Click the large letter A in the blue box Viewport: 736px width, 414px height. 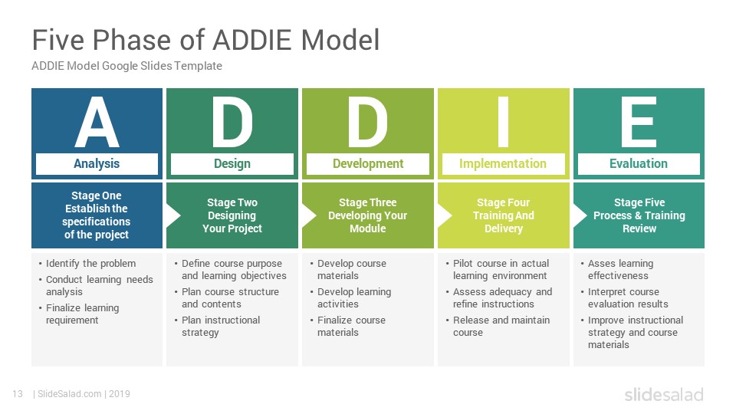[x=97, y=122]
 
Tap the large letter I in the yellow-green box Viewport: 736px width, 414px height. [x=503, y=122]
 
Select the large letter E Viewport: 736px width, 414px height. [x=639, y=122]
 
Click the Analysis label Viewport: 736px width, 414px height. [x=97, y=163]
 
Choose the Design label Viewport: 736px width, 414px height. [x=232, y=163]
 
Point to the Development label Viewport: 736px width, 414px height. [x=368, y=163]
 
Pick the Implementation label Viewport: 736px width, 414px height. [x=503, y=163]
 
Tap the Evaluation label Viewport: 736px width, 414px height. [x=639, y=163]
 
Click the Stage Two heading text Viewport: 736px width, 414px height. [x=232, y=202]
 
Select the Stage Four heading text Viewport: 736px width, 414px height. [x=503, y=202]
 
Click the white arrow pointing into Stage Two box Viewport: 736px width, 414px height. [x=173, y=215]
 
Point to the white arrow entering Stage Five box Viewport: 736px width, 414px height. [x=580, y=215]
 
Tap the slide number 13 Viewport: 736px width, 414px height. [x=18, y=394]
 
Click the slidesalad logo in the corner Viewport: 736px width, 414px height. [x=664, y=394]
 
